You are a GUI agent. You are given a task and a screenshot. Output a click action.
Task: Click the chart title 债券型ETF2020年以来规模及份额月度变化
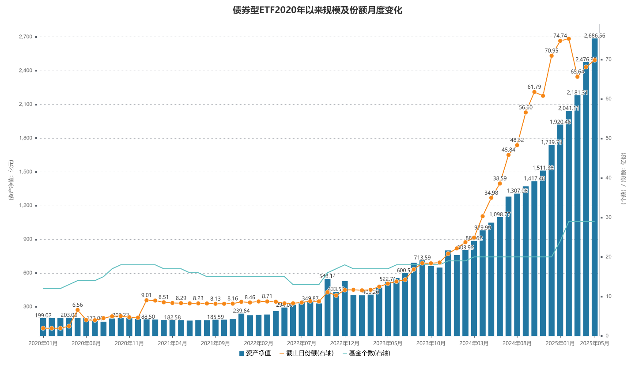click(317, 10)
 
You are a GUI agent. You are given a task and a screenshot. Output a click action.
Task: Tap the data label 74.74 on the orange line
click(560, 35)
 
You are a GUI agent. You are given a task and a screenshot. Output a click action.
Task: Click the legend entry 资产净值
click(255, 353)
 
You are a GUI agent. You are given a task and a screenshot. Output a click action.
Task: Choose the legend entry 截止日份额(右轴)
click(307, 353)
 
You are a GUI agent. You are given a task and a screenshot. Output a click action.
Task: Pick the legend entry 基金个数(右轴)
click(366, 353)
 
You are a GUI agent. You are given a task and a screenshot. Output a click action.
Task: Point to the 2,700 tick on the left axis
click(25, 37)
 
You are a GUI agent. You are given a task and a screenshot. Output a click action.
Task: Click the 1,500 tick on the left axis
click(25, 172)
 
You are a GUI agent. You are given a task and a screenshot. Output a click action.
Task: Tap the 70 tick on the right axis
click(608, 59)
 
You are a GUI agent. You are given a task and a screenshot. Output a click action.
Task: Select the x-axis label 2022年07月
click(302, 343)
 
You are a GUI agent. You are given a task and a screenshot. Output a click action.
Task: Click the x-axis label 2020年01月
click(43, 343)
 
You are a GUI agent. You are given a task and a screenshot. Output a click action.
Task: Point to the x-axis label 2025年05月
click(594, 343)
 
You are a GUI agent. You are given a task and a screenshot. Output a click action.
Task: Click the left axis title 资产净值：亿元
click(11, 180)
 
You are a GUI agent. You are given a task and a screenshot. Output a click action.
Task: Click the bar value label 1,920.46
click(560, 122)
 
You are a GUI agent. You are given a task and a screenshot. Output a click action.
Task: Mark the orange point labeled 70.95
click(552, 56)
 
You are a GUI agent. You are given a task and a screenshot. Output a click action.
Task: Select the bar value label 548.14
click(328, 276)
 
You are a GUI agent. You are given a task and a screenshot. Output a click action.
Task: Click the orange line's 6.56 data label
click(78, 305)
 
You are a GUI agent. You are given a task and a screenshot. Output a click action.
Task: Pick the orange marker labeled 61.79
click(534, 92)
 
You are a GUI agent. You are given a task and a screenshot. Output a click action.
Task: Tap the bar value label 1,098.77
click(500, 214)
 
